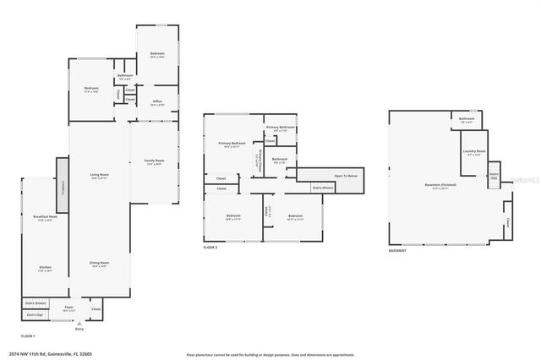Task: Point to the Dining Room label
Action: point(99,264)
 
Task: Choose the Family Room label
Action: point(154,161)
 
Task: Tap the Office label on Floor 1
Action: point(157,102)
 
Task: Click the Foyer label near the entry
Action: point(68,308)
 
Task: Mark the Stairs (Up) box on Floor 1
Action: point(35,314)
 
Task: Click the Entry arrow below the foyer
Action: point(79,325)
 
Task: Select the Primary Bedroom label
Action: point(232,144)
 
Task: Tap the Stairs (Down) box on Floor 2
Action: point(322,188)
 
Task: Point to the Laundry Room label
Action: point(472,153)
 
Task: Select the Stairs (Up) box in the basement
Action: point(494,176)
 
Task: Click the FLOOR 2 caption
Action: point(211,247)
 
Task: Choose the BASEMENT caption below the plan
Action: point(397,251)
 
